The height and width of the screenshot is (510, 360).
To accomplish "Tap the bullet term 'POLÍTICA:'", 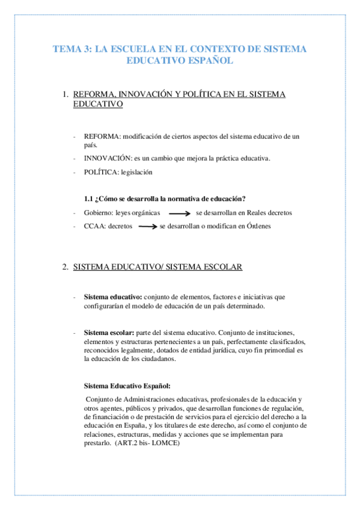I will click(x=101, y=172).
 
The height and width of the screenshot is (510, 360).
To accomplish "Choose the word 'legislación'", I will click(x=136, y=172).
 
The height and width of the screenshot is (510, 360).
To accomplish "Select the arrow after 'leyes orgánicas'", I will click(x=180, y=213).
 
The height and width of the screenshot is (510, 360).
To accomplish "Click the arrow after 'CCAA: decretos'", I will click(x=147, y=226).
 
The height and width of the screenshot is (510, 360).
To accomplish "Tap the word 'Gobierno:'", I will click(x=98, y=213).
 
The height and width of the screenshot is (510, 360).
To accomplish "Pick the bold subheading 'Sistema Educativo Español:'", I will click(x=127, y=386).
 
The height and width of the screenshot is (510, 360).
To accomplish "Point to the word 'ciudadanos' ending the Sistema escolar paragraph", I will click(x=156, y=359).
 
